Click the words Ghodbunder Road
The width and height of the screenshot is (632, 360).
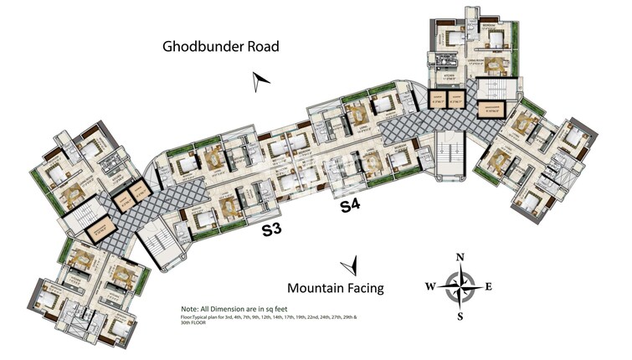pyautogui.click(x=220, y=46)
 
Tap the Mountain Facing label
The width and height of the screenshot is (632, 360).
pyautogui.click(x=335, y=288)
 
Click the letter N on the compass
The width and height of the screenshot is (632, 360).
pyautogui.click(x=460, y=258)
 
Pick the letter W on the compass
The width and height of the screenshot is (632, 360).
pyautogui.click(x=430, y=286)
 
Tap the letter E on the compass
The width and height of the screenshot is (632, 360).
pyautogui.click(x=489, y=286)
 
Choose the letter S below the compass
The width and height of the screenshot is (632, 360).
pyautogui.click(x=460, y=316)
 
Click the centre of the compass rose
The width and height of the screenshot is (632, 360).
pyautogui.click(x=460, y=286)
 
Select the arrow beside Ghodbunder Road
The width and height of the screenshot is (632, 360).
pyautogui.click(x=262, y=80)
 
